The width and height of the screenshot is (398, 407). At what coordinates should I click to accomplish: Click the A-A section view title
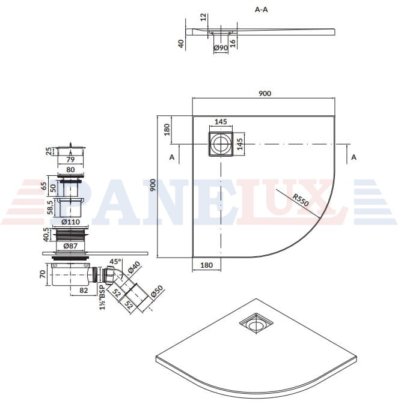(x=262, y=10)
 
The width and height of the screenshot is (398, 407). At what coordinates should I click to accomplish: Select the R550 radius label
(x=301, y=200)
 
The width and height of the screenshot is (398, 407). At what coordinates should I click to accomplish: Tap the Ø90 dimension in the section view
(x=221, y=48)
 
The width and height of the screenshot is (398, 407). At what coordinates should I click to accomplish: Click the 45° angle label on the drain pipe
(x=115, y=261)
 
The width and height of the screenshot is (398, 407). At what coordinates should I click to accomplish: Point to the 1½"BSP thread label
(x=103, y=298)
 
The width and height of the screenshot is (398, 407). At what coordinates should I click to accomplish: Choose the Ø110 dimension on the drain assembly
(x=70, y=222)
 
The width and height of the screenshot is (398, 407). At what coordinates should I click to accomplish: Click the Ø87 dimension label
(x=70, y=246)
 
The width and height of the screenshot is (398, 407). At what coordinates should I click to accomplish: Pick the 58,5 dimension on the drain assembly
(x=50, y=207)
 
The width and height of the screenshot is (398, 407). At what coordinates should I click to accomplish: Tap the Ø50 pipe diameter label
(x=157, y=292)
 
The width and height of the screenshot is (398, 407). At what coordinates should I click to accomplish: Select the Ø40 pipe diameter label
(x=134, y=268)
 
